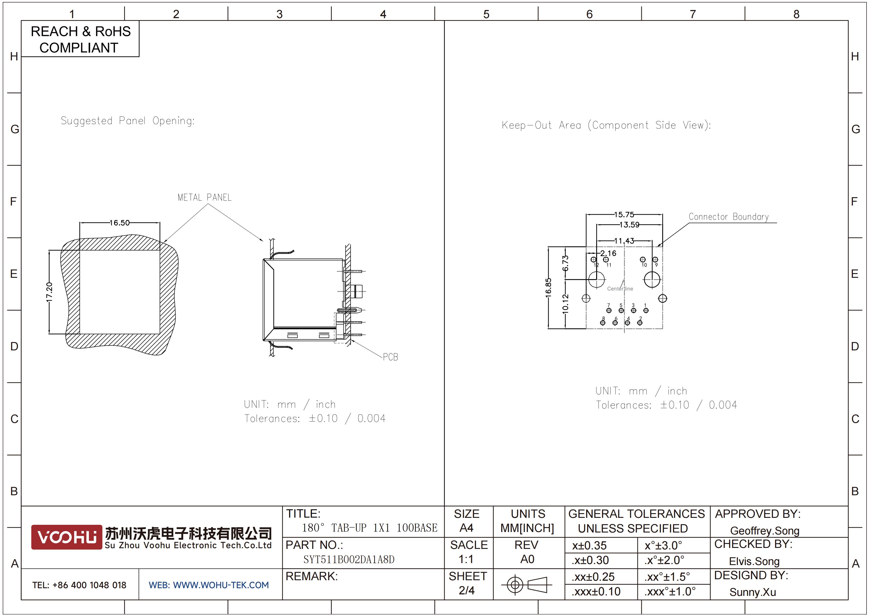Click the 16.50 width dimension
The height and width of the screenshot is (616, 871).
tap(119, 223)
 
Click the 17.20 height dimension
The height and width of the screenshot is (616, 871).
tap(49, 292)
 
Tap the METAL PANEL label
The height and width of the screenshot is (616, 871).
tap(205, 197)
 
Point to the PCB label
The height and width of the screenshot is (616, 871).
tap(390, 357)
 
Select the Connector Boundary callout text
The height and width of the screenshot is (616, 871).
tap(729, 217)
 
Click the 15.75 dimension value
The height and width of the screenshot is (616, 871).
tap(624, 215)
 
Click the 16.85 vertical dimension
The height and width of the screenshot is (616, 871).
tap(548, 288)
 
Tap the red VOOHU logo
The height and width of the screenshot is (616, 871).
tap(67, 537)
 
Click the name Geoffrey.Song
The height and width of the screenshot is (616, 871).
tap(765, 531)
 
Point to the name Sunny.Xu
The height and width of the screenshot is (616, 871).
tap(753, 592)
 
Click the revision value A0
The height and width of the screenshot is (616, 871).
tap(527, 559)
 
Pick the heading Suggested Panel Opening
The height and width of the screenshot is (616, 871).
tap(127, 121)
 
